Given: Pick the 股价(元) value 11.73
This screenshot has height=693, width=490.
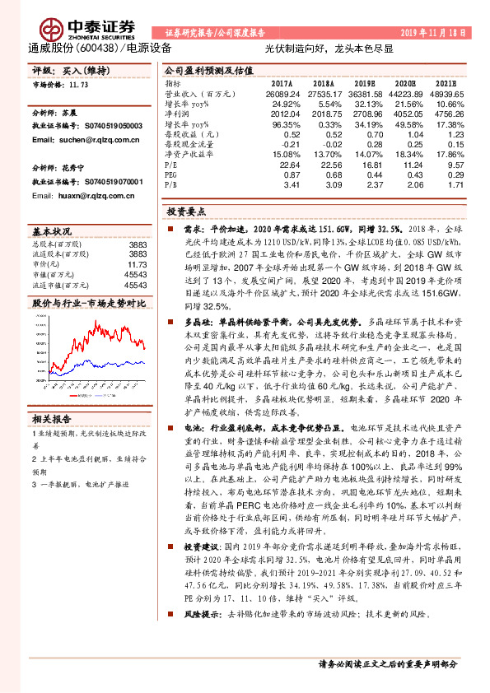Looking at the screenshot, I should [x=138, y=264].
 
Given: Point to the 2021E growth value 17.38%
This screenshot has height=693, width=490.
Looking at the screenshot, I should [x=450, y=123].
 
